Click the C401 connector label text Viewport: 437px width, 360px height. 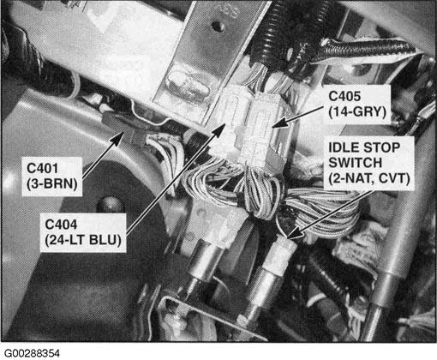(x=42, y=168)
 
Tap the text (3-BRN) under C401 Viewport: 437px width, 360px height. (x=52, y=183)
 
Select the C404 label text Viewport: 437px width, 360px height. (x=61, y=225)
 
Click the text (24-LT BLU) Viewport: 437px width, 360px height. (x=83, y=240)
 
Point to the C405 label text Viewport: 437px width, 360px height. (x=344, y=96)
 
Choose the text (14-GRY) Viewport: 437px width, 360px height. (x=357, y=111)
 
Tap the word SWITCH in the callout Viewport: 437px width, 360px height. (x=355, y=163)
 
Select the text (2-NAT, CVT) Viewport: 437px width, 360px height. (x=369, y=178)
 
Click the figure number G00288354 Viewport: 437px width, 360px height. (x=33, y=353)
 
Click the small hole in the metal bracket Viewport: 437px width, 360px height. (x=218, y=26)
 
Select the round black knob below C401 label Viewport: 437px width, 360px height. (x=110, y=204)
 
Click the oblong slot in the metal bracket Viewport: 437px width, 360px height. (x=186, y=85)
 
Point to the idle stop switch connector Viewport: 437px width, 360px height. (x=281, y=255)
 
